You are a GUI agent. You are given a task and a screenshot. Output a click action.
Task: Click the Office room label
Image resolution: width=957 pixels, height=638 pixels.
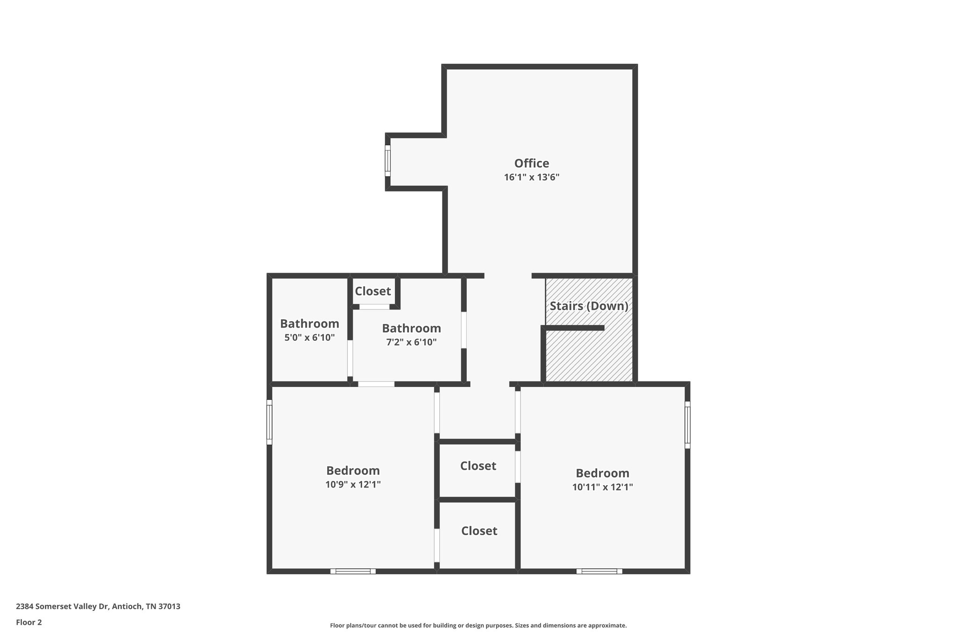[x=531, y=163]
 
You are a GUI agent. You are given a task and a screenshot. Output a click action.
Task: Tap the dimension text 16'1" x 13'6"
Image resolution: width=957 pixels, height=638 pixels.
[x=531, y=178]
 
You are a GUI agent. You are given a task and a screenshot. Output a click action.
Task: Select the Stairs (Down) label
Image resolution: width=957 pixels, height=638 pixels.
[x=589, y=306]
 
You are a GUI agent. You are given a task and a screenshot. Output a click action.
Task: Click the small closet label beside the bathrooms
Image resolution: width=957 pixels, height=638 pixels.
[x=372, y=291]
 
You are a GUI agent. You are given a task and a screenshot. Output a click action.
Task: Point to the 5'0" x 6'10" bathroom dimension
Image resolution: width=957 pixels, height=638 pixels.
[x=309, y=337]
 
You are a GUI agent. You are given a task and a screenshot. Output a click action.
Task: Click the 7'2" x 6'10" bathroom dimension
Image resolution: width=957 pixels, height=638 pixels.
[x=411, y=342]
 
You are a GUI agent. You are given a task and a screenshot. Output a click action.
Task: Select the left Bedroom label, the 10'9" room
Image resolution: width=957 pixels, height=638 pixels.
[x=353, y=470]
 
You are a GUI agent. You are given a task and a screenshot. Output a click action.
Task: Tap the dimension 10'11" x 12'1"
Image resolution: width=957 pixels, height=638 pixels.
[x=602, y=487]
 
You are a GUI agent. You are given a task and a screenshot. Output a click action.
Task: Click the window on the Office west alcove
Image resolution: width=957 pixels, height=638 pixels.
[x=387, y=161]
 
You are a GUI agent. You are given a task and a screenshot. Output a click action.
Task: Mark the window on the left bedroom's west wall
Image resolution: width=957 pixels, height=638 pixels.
[x=269, y=422]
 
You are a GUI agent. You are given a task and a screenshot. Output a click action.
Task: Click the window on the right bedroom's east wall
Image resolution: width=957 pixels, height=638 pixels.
[x=687, y=424]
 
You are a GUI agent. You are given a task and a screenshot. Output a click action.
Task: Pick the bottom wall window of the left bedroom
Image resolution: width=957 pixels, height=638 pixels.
[x=353, y=571]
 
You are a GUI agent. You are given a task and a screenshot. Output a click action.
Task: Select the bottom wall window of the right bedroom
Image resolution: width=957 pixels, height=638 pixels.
[x=599, y=571]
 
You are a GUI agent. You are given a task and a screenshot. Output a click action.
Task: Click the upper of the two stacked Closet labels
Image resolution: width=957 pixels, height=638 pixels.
[x=478, y=466]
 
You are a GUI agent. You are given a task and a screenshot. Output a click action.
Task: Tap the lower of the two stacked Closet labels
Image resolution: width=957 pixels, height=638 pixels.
[x=479, y=531]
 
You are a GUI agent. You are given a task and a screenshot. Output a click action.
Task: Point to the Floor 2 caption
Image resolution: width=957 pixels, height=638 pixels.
[x=29, y=622]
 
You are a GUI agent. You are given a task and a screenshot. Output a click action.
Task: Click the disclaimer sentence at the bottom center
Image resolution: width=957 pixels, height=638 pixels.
[x=478, y=625]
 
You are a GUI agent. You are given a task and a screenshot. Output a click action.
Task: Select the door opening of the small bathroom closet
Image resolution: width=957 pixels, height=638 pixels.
[x=374, y=307]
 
